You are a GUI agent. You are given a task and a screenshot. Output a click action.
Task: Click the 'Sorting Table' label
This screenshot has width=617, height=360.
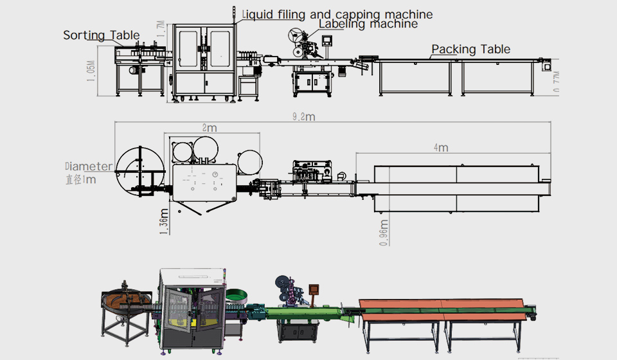coord(101,35)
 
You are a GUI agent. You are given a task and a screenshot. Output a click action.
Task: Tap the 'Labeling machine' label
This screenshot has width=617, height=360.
coord(368,24)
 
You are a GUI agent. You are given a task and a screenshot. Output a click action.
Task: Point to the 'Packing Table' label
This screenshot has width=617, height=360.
coord(470,49)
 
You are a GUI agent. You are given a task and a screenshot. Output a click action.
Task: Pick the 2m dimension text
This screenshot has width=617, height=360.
coord(210,127)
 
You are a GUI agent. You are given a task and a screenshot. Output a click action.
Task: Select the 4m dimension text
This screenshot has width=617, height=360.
coord(440,148)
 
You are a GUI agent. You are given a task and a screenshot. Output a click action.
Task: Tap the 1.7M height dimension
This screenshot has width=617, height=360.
coord(161,28)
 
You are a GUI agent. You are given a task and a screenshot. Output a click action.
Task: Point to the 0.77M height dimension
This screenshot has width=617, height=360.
coord(557,82)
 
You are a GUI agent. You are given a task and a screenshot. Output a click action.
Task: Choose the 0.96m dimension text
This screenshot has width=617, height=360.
coord(384,231)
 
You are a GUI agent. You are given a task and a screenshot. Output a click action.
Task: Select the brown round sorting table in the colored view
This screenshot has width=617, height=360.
coord(127,301)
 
